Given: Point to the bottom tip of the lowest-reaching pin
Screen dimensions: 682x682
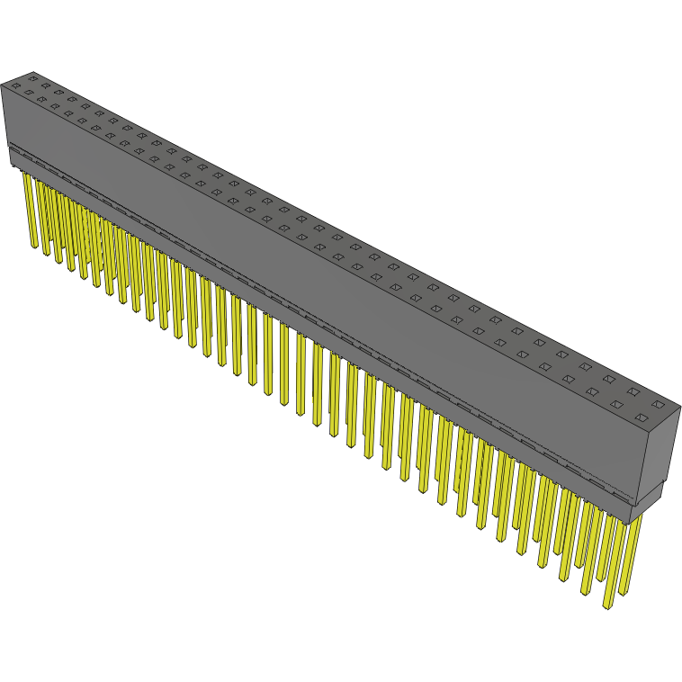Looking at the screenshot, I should tap(609, 606).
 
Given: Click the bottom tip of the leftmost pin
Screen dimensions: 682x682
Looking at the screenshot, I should tap(33, 247).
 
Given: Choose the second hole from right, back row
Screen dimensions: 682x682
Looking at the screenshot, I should tap(633, 392).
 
